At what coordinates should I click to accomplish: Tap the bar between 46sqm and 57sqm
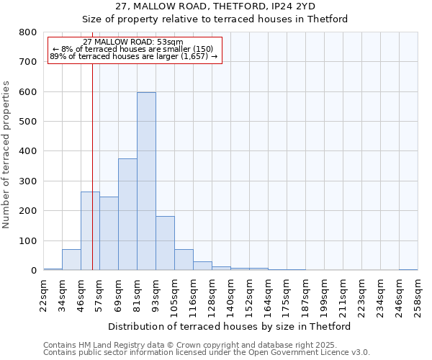coord(90,231)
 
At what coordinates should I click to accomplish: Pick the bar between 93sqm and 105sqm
coord(165,243)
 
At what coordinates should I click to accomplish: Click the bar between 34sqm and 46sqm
coord(71,260)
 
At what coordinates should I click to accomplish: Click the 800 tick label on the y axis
coord(27,32)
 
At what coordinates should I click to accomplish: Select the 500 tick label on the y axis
coord(27,122)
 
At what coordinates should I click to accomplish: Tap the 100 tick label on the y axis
coord(27,240)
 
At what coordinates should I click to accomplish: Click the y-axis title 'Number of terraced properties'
coord(6,154)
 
